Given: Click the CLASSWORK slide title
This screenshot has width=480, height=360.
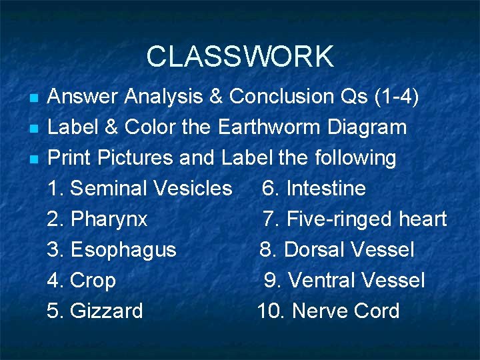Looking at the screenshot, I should point(240,57).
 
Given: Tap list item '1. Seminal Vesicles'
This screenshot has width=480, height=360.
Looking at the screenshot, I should point(140,189).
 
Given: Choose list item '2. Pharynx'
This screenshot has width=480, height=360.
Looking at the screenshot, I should point(97,219).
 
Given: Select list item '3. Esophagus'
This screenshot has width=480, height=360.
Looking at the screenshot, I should point(112,250).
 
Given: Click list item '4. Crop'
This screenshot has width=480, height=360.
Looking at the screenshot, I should point(81,281).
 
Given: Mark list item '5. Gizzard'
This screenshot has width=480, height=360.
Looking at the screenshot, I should point(95,311).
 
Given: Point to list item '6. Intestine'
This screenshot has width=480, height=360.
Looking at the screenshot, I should point(314,189).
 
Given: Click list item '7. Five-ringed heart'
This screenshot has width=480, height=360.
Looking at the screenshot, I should point(355,219).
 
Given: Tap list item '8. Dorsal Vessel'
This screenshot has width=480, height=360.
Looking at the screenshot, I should point(337,250).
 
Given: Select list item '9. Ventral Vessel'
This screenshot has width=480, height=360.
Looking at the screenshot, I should point(344,281).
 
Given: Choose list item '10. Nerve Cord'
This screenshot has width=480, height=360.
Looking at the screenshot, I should point(329,311).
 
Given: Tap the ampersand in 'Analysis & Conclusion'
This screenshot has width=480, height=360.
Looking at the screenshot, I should point(216,97).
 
